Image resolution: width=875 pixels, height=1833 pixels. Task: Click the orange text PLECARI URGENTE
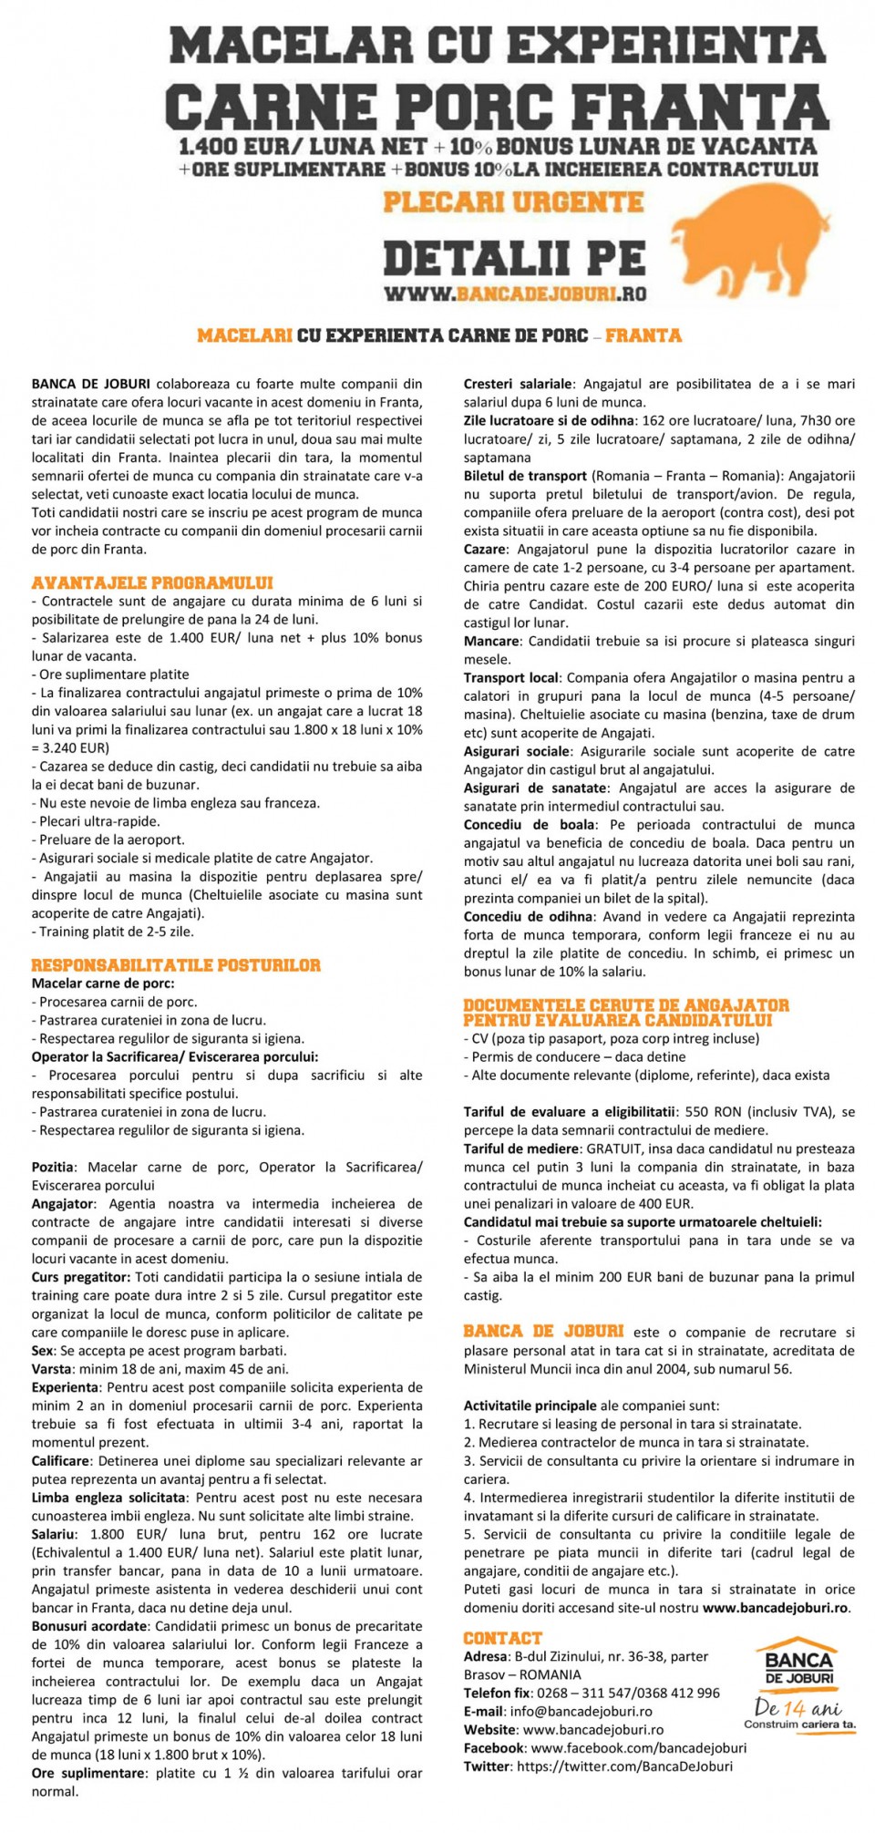(513, 201)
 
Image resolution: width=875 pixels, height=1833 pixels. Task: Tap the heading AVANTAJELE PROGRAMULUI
(152, 582)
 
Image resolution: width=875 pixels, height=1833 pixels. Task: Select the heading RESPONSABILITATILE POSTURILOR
(176, 965)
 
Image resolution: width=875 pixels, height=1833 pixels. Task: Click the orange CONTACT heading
(502, 1638)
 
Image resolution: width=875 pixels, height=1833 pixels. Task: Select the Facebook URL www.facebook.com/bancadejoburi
(638, 1747)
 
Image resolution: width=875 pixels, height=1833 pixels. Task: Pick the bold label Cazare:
(485, 550)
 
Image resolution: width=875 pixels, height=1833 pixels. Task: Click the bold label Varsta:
(52, 1368)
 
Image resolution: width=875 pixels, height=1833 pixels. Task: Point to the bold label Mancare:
(491, 641)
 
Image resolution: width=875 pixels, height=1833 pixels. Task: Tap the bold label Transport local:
(511, 677)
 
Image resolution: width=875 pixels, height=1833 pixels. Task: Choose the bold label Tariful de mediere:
(521, 1148)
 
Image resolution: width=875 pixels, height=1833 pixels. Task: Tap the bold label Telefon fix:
(498, 1693)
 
